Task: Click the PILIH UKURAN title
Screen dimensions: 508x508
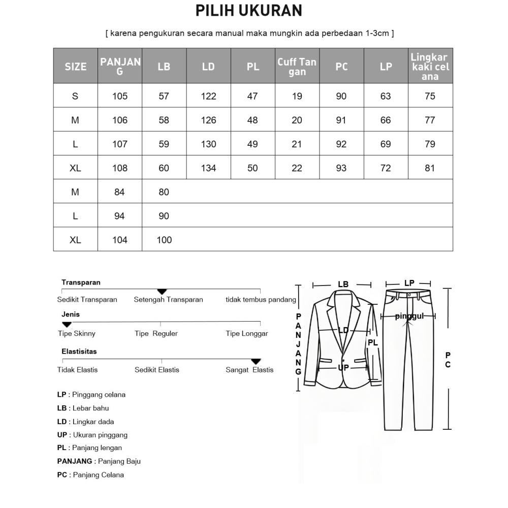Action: click(x=249, y=10)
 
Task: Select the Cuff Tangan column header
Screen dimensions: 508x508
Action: click(x=297, y=67)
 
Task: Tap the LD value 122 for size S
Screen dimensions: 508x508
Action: click(x=208, y=96)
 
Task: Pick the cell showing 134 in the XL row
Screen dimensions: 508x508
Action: click(x=208, y=168)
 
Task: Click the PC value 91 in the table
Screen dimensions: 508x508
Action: click(x=341, y=120)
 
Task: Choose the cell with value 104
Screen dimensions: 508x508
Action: click(x=120, y=240)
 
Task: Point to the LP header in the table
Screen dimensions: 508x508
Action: click(x=386, y=67)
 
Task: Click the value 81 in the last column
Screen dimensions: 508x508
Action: click(x=430, y=168)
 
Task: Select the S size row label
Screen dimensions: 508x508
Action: click(x=75, y=96)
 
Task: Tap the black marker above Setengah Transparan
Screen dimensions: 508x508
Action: click(x=162, y=291)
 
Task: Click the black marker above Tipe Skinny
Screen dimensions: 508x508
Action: click(x=67, y=324)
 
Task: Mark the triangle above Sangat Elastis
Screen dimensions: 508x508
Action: click(x=256, y=361)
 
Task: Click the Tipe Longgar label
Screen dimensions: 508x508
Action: click(x=247, y=334)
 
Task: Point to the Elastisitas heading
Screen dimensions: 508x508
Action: click(x=79, y=351)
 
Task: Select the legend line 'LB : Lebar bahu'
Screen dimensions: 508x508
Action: click(x=83, y=408)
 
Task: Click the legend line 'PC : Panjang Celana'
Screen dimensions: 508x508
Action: click(x=90, y=475)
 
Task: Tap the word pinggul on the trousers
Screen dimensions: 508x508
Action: click(x=409, y=316)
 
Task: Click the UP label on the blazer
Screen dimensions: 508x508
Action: click(x=343, y=367)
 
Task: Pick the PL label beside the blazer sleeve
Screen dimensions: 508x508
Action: click(x=373, y=342)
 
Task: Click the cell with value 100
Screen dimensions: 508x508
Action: click(x=164, y=240)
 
